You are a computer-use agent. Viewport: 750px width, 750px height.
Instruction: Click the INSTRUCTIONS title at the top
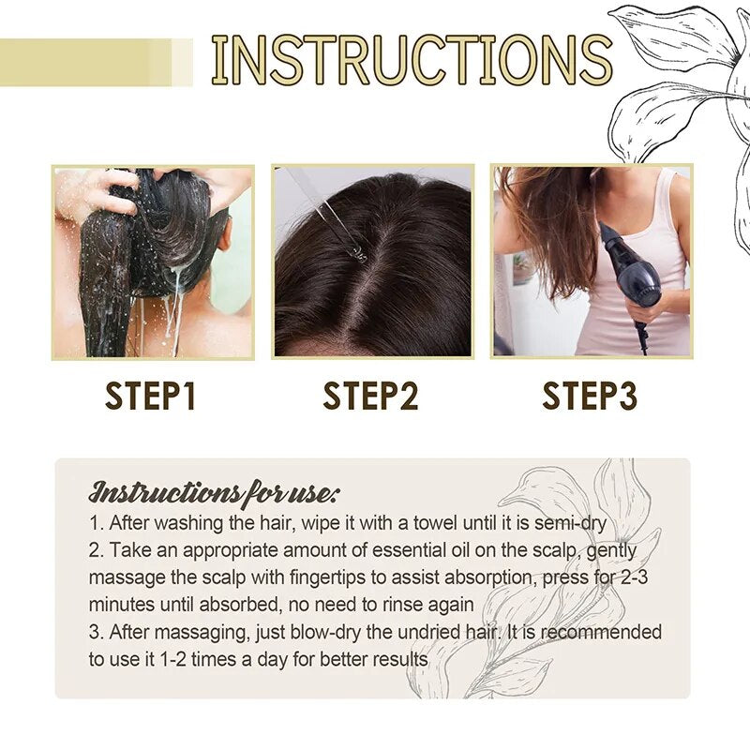pyautogui.click(x=412, y=60)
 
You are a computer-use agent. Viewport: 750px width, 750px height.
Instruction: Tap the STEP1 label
pyautogui.click(x=151, y=397)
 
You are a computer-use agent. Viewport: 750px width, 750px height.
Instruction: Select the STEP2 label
pyautogui.click(x=371, y=397)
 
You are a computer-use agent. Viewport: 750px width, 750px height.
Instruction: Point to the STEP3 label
pyautogui.click(x=590, y=397)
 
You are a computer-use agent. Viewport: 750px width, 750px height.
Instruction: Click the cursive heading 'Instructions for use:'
pyautogui.click(x=215, y=491)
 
